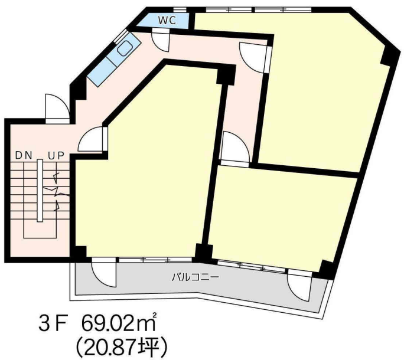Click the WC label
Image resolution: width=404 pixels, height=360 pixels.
(167, 20)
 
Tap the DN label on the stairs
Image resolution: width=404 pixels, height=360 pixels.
(24, 156)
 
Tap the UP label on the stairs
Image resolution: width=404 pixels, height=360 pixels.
(56, 156)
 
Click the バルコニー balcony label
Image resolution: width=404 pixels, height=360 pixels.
(196, 277)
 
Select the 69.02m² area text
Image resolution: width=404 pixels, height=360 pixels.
(119, 322)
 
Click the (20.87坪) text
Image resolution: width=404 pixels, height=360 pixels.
(121, 347)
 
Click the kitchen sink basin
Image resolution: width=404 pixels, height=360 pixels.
(125, 48)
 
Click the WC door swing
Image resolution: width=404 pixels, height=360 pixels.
(161, 41)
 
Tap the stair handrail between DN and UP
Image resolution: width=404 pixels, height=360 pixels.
(40, 190)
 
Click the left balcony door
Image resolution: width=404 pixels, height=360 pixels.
(104, 273)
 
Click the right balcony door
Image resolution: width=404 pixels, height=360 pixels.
(299, 285)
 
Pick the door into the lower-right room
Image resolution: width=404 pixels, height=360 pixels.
(235, 148)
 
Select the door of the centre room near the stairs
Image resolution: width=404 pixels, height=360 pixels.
(93, 139)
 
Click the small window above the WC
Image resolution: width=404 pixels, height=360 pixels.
(180, 10)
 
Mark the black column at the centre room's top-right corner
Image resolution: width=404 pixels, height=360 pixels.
(226, 75)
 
